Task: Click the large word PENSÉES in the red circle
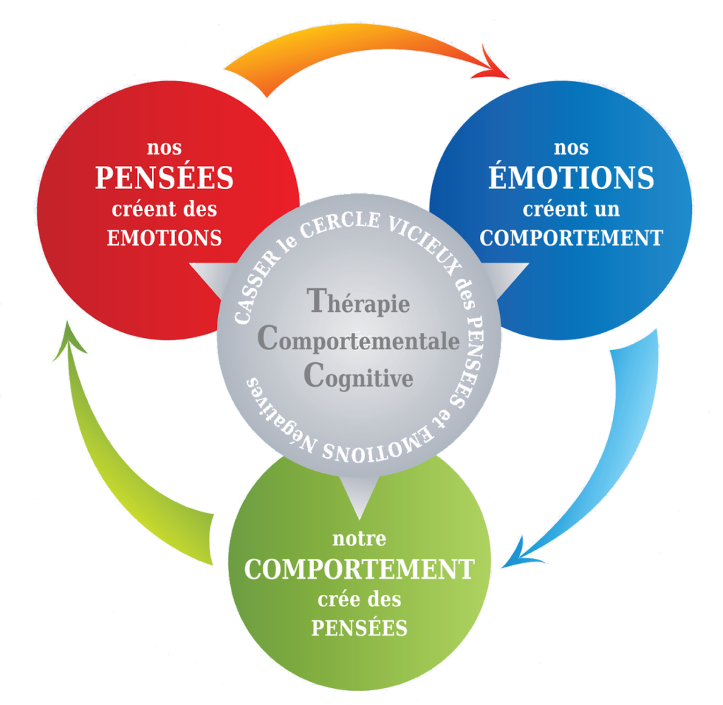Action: [164, 177]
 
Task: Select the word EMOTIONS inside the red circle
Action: [165, 238]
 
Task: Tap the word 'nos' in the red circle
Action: [164, 148]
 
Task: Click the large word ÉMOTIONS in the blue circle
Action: [571, 176]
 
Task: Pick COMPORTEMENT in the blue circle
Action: [571, 238]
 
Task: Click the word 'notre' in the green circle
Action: [359, 538]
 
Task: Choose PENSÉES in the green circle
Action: [359, 627]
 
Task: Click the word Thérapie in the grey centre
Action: [358, 302]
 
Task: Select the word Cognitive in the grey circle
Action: [358, 376]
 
